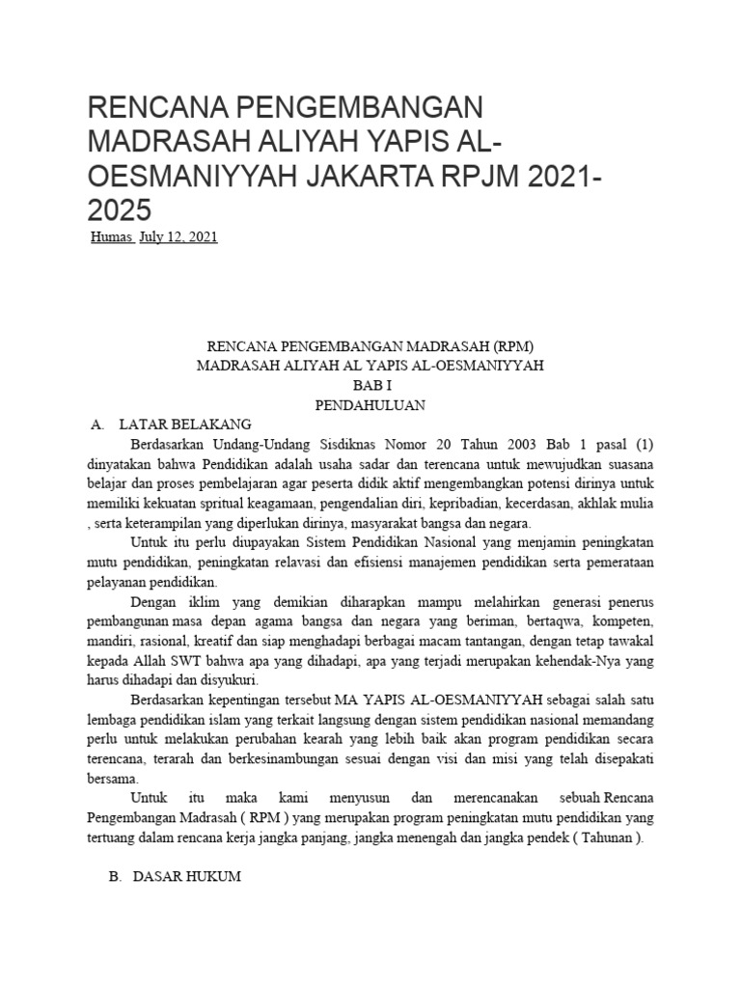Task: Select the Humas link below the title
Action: click(x=110, y=237)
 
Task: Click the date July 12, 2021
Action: click(x=178, y=237)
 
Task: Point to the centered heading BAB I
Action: click(x=370, y=385)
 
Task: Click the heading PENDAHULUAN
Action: click(x=370, y=405)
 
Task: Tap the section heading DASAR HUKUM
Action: click(x=186, y=879)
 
